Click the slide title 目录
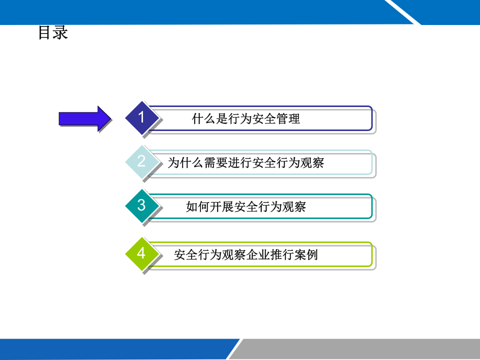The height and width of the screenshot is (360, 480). point(52,33)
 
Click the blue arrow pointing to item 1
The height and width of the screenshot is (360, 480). point(84,118)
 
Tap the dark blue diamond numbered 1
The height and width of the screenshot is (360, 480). point(141,118)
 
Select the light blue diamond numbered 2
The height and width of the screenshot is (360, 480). point(141,161)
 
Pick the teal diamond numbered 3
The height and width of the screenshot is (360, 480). point(141,205)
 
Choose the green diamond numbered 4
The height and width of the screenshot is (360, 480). point(141,253)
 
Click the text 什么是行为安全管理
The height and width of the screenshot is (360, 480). point(246,119)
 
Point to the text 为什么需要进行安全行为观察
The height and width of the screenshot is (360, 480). point(246,162)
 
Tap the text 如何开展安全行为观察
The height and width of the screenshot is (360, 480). point(246,206)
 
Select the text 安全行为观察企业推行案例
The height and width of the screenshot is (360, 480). point(246,255)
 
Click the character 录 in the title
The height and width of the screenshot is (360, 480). point(60,33)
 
